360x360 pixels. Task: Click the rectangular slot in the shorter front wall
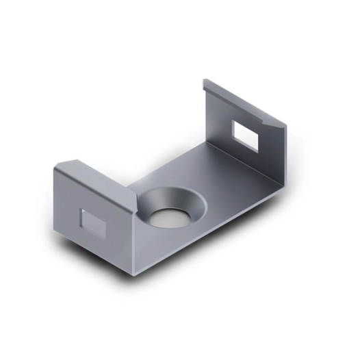(90, 222)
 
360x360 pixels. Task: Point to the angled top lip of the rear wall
(246, 103)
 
